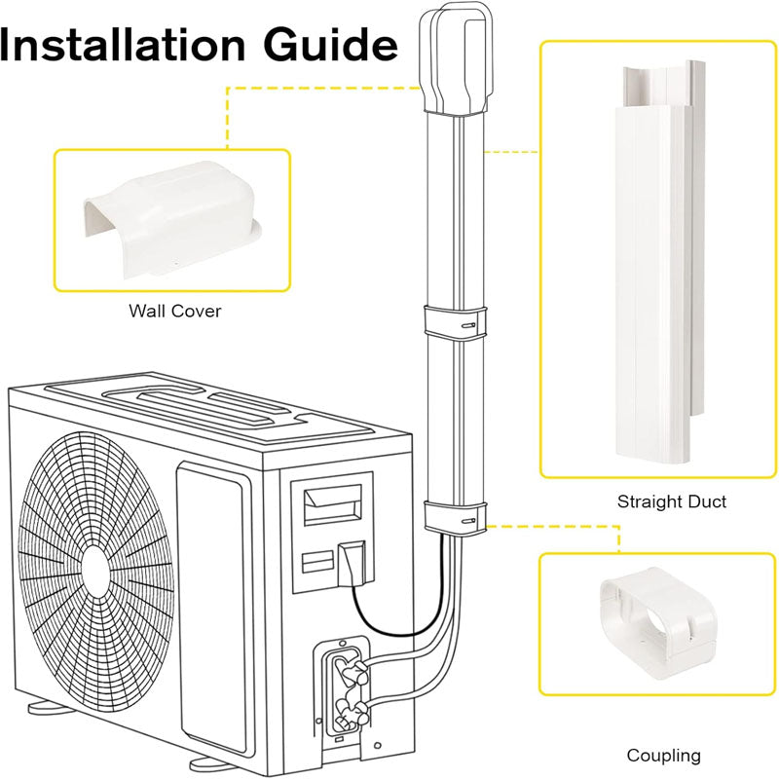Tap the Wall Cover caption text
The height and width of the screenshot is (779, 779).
174,312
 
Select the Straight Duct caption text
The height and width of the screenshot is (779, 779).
671,502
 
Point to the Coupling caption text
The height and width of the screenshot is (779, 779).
663,755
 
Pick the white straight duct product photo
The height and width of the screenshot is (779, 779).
651,263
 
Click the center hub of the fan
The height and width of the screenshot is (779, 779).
95,568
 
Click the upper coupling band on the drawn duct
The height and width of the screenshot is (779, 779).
456,322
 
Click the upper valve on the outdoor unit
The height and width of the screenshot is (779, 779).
352,668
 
